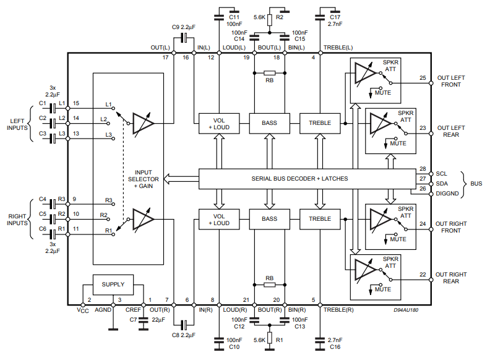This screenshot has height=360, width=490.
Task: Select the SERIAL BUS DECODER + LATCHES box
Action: pos(299,178)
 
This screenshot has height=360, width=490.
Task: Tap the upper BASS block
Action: pos(270,123)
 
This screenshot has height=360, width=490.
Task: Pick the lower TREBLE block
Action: pos(320,218)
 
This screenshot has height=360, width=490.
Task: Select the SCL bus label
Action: pos(441,174)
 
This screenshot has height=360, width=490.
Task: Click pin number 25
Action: pos(423,78)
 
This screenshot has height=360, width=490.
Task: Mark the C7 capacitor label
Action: pos(132,320)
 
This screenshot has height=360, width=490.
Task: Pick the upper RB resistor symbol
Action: pos(270,73)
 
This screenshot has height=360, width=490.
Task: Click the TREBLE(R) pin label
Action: pos(339,309)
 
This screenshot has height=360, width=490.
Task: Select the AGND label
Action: pos(103,309)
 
